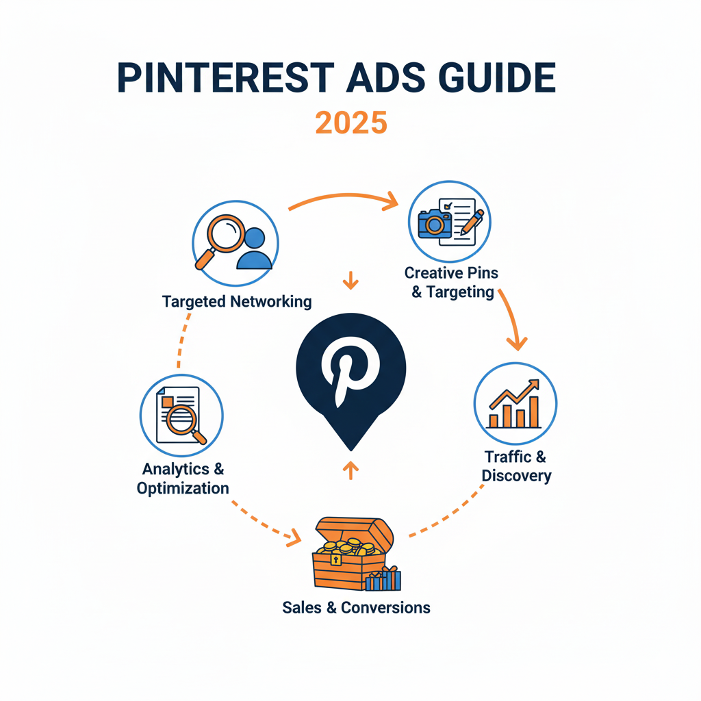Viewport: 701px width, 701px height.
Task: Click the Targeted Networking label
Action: click(237, 301)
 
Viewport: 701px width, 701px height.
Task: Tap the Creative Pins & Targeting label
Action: click(451, 282)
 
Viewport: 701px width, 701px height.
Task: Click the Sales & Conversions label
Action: click(356, 607)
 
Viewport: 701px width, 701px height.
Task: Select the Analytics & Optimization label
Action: click(183, 479)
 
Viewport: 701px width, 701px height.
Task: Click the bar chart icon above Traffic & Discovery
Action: click(514, 405)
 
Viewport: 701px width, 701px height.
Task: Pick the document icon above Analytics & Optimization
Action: click(179, 415)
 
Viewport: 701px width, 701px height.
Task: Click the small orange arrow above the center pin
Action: click(350, 280)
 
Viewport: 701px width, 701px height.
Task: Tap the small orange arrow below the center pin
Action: click(350, 469)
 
